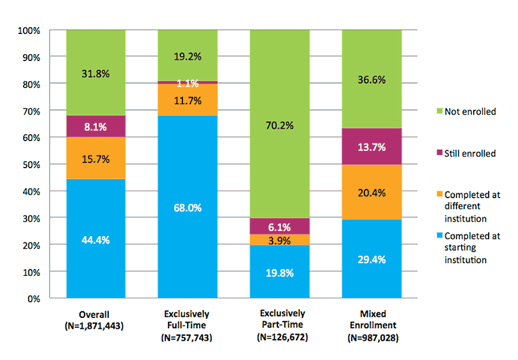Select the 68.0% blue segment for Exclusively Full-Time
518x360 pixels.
(x=188, y=207)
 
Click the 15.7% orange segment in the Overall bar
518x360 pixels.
(x=96, y=158)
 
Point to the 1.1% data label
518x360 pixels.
(x=188, y=83)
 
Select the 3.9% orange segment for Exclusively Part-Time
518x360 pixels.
(x=280, y=239)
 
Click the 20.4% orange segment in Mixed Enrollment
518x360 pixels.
(x=372, y=192)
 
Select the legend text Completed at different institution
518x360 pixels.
(x=472, y=207)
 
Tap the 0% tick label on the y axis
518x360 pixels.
(x=34, y=298)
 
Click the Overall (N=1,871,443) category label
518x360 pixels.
(x=96, y=320)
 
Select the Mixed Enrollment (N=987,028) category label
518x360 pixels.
(x=372, y=325)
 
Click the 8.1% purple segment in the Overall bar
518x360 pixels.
(x=96, y=127)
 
